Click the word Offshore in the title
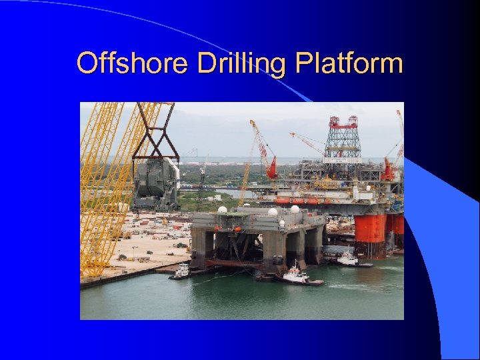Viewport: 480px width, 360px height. [133, 64]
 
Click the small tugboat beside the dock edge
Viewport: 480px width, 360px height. [181, 271]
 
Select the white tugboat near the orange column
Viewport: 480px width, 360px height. [349, 260]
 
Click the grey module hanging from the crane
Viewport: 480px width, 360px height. [156, 183]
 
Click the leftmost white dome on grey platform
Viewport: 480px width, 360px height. [223, 210]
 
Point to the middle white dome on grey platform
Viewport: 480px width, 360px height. [273, 213]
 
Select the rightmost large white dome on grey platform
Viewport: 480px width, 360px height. [295, 209]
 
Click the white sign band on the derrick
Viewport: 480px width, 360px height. [343, 161]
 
